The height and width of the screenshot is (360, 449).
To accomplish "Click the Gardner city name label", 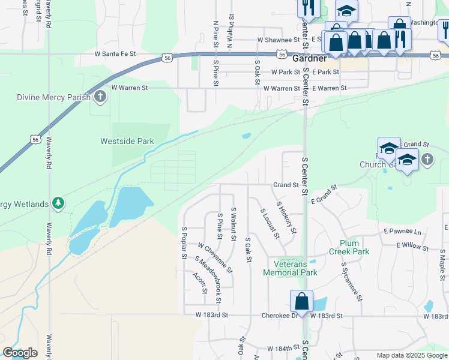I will (309, 59).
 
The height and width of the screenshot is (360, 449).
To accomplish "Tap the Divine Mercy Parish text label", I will (53, 97).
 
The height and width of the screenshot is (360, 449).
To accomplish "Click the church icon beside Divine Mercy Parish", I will (100, 97).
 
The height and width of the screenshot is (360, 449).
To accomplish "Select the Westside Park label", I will (127, 142).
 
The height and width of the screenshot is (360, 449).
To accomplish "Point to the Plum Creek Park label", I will (354, 247).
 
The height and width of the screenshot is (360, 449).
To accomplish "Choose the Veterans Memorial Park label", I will (295, 268).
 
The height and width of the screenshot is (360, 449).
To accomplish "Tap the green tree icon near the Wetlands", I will (58, 204).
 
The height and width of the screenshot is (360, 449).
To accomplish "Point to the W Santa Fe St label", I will (116, 53).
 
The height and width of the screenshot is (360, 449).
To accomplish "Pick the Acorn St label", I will (200, 283).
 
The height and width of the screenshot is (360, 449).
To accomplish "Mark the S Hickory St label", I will (286, 217).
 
